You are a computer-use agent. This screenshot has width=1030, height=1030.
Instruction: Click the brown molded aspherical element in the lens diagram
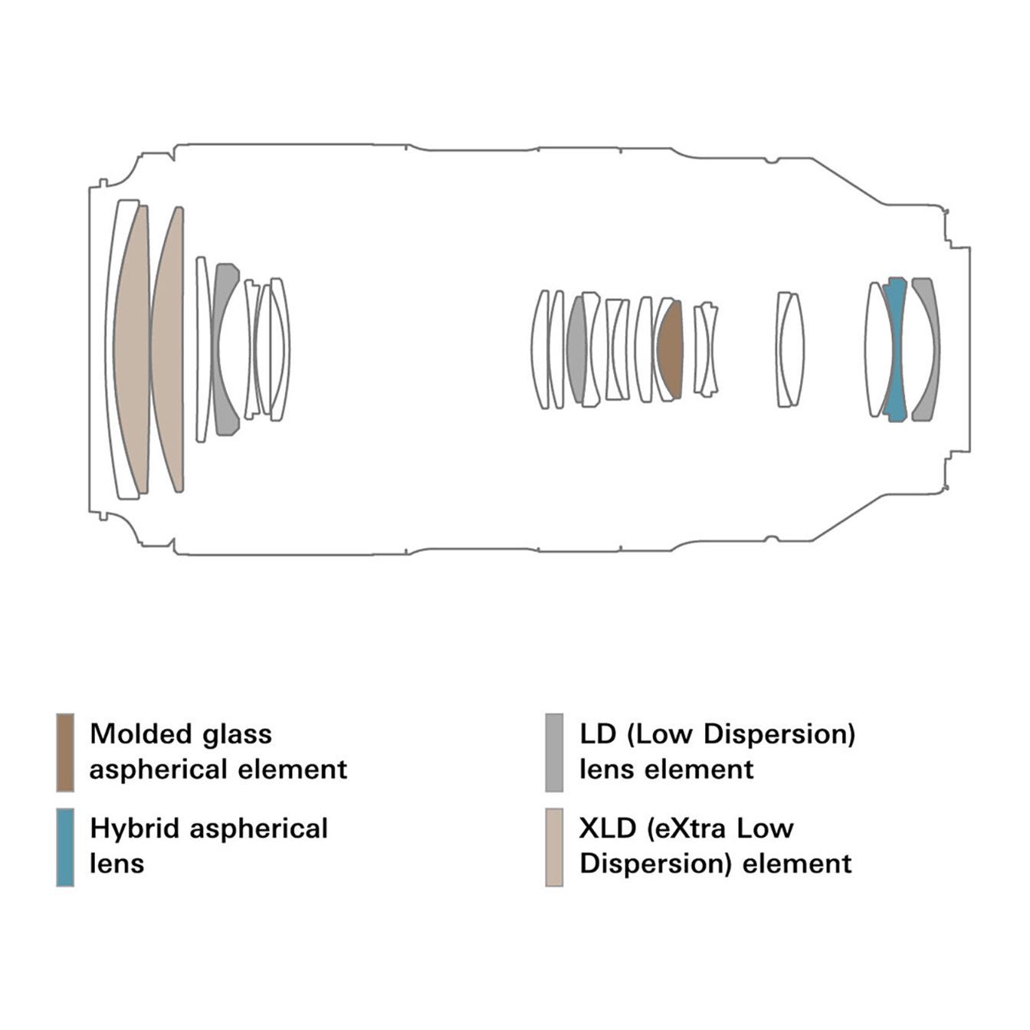pyautogui.click(x=671, y=349)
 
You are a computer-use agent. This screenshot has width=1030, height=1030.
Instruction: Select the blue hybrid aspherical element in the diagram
pyautogui.click(x=894, y=349)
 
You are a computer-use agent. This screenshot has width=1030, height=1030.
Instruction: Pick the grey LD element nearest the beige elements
pyautogui.click(x=225, y=349)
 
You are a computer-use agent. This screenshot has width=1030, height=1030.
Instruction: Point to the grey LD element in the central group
pyautogui.click(x=577, y=349)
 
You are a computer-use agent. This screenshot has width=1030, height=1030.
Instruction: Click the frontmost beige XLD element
pyautogui.click(x=132, y=349)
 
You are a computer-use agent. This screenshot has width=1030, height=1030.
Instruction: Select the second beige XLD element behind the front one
pyautogui.click(x=169, y=349)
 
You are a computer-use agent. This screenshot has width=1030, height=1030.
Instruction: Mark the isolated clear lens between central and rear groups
pyautogui.click(x=789, y=349)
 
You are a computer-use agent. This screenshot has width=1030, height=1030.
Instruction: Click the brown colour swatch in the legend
pyautogui.click(x=65, y=752)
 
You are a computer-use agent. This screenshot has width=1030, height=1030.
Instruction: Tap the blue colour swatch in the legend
pyautogui.click(x=65, y=847)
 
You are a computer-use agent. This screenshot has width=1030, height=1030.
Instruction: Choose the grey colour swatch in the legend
pyautogui.click(x=554, y=752)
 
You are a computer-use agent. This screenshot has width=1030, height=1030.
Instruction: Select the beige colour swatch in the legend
pyautogui.click(x=554, y=847)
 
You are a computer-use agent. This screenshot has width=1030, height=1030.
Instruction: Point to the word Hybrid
pyautogui.click(x=133, y=828)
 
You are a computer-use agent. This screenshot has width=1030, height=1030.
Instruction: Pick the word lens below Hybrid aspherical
pyautogui.click(x=116, y=864)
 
